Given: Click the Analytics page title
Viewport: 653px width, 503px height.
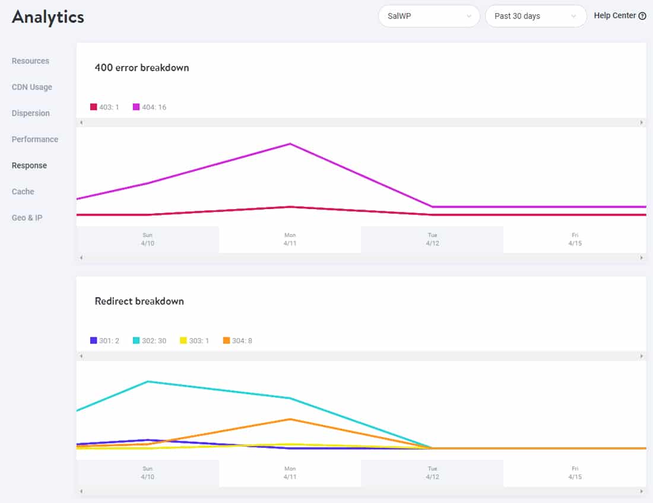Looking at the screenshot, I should pos(48,17).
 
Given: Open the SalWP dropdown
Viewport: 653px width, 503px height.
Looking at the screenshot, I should pos(429,16).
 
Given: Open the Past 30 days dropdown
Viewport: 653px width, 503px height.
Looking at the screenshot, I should pos(535,16).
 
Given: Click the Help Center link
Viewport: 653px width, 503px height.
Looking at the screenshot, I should pos(619,16).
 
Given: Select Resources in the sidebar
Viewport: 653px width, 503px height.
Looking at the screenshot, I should pos(30,61).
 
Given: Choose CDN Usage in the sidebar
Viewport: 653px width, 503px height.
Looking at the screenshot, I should pos(32,87).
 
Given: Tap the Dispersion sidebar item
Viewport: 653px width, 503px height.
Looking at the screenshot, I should pos(31,113).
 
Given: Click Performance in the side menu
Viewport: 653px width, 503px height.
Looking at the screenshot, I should pos(35,140).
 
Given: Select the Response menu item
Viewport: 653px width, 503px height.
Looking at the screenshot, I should pos(29,166).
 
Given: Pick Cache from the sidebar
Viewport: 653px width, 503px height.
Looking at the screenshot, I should pos(23,192).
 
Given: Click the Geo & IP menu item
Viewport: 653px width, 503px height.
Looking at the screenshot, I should pos(27,218).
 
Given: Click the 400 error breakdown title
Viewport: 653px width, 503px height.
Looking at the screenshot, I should pos(142,68).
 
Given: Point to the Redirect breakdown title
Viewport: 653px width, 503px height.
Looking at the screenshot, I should pos(140,301).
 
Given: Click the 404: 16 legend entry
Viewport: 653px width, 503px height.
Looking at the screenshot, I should pos(150,107).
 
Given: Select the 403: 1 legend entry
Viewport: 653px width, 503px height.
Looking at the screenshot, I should pos(104,107).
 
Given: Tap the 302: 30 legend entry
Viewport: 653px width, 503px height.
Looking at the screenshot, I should pos(150,341).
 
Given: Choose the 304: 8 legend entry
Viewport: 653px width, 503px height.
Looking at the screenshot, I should pos(237,341).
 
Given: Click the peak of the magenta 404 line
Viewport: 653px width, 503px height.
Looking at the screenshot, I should pos(290,144).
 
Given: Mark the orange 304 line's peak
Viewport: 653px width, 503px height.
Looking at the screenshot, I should pos(290,419).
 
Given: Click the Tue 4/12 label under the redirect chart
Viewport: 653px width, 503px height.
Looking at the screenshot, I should pos(432,473).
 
